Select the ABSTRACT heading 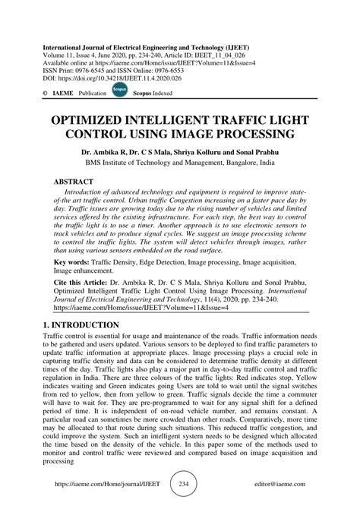click(75, 182)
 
